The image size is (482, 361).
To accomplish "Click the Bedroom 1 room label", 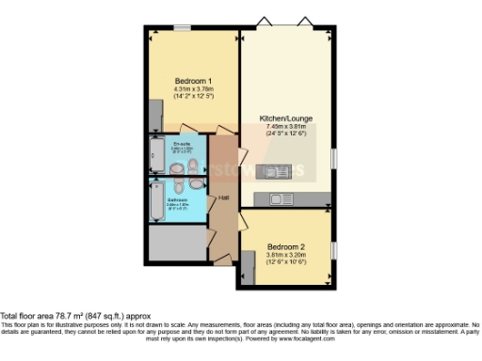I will click(192, 81).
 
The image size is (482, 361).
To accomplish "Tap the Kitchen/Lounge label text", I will click(286, 118).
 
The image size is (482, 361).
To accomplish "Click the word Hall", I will click(224, 197).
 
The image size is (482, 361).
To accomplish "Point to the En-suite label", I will click(183, 142).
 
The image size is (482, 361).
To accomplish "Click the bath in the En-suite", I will click(157, 155).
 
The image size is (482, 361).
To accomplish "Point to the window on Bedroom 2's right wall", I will click(333, 251).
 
